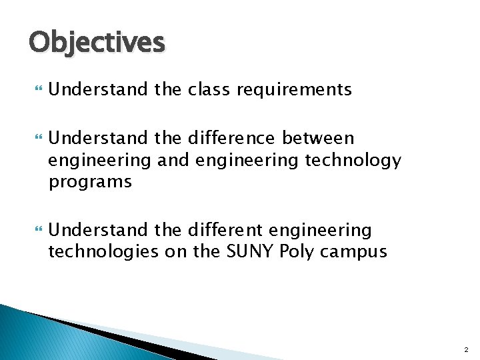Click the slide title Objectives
pyautogui.click(x=97, y=42)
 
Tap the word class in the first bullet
pyautogui.click(x=201, y=89)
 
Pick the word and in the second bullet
pyautogui.click(x=154, y=161)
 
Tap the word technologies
pyautogui.click(x=108, y=252)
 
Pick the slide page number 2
pyautogui.click(x=465, y=349)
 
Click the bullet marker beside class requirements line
pyautogui.click(x=35, y=90)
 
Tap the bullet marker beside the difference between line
pyautogui.click(x=35, y=139)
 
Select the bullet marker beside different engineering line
pyautogui.click(x=35, y=231)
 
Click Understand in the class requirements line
pyautogui.click(x=99, y=89)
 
